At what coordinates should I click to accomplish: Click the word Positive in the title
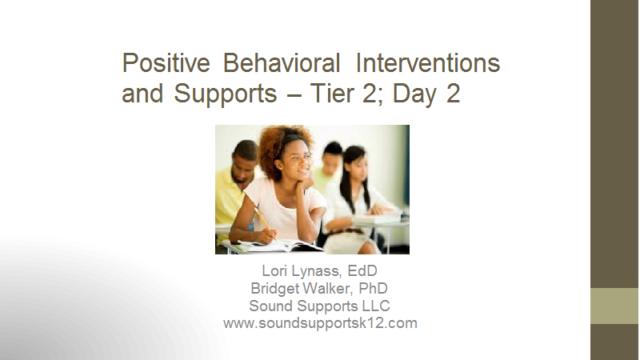click(x=166, y=63)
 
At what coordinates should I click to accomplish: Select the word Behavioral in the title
click(x=282, y=63)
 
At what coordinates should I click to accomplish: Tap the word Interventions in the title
click(x=428, y=63)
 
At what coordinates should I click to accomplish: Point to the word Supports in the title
click(x=226, y=94)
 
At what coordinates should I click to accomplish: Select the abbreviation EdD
click(x=362, y=270)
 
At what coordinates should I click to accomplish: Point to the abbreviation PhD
click(x=373, y=288)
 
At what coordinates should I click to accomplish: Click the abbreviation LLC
click(x=376, y=306)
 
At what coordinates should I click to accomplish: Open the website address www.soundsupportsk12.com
click(x=320, y=323)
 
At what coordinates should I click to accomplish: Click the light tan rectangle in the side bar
click(x=614, y=306)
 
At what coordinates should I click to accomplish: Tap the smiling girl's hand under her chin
click(x=305, y=182)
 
